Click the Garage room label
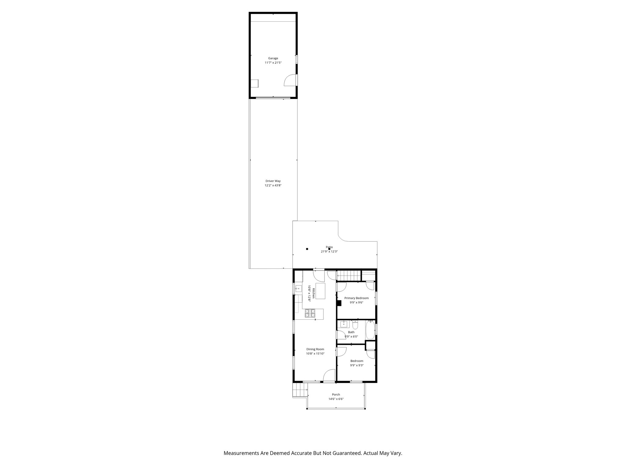point(273,58)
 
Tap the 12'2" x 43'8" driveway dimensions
point(273,185)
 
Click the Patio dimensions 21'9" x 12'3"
point(329,252)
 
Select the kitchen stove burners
point(310,313)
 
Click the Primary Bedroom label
point(356,298)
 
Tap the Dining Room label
point(315,349)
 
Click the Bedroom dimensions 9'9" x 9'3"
point(357,365)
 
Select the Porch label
point(336,394)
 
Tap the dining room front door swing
point(330,375)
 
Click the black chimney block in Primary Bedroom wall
point(339,303)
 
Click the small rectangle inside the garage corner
point(255,84)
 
